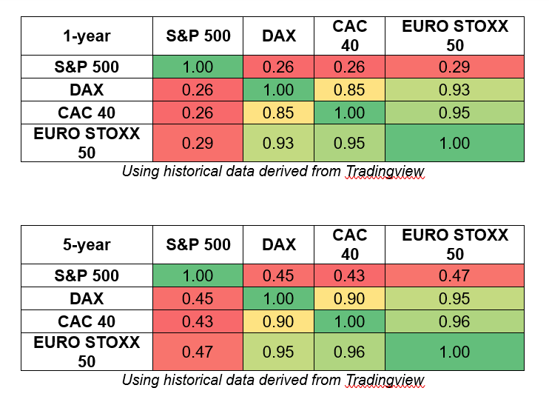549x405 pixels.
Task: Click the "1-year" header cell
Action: click(87, 36)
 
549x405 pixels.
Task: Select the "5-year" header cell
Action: click(87, 244)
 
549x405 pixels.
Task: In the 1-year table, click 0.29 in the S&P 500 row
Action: click(454, 67)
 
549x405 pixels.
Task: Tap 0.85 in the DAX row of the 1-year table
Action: click(349, 90)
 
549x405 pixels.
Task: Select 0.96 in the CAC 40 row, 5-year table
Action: click(454, 322)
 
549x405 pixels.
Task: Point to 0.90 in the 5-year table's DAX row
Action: click(349, 299)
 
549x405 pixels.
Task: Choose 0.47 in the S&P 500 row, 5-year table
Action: click(454, 276)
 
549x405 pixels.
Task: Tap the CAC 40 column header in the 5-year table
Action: click(349, 244)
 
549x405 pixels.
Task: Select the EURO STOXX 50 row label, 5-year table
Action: click(87, 352)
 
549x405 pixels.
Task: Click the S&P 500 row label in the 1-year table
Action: click(87, 67)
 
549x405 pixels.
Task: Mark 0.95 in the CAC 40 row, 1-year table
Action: click(454, 113)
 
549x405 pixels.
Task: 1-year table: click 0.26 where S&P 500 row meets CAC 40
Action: click(349, 67)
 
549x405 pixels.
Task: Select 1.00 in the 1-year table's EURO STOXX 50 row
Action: click(454, 143)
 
